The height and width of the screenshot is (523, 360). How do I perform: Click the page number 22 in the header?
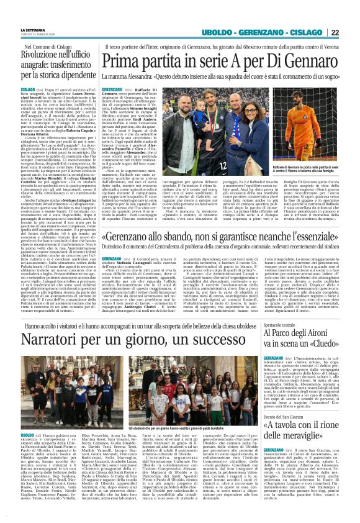tap(352, 32)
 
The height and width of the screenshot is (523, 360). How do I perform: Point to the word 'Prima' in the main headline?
tap(126, 61)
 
